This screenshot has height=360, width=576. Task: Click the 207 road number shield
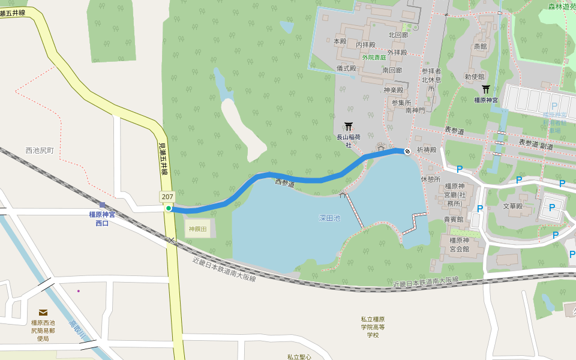coord(167,197)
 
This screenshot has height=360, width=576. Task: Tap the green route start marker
coord(169,208)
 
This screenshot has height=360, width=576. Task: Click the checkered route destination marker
coord(407,151)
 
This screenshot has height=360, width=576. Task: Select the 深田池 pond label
coord(329,218)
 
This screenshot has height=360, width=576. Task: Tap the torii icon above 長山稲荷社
coord(349,127)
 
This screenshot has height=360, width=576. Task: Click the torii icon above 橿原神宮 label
coord(486,89)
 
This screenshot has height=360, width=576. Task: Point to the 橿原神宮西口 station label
coord(102,218)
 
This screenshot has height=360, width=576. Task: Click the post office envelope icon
coord(43,313)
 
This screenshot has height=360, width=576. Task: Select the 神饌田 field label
coord(197,229)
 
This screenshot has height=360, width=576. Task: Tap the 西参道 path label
coord(285,182)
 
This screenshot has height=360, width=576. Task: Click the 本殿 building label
coord(340,41)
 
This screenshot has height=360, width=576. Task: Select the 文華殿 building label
coord(513,206)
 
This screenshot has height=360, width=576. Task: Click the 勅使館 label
coord(474,77)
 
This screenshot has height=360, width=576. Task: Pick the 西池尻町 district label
coord(40,151)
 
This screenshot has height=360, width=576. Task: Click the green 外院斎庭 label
coord(374,58)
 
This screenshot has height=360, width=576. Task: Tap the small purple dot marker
coord(78,291)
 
